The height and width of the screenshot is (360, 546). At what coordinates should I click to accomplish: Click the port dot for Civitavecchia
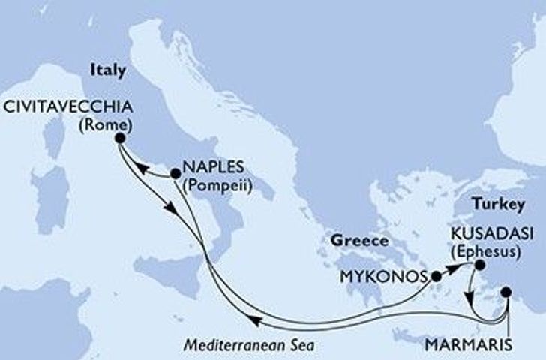coord(119,138)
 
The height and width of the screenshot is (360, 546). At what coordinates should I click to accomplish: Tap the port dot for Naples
coord(175,173)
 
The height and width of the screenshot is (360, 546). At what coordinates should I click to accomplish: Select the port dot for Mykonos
coord(436,276)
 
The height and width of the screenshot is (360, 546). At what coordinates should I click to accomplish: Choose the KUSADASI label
coord(494,234)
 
